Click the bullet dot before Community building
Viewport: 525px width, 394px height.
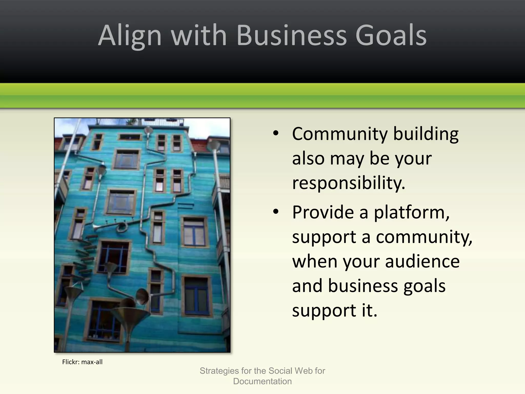[x=276, y=134]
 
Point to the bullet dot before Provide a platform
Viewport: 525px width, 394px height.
[x=276, y=212]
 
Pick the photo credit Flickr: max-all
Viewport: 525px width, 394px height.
[x=82, y=362]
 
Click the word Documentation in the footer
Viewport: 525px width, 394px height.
[x=262, y=381]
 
